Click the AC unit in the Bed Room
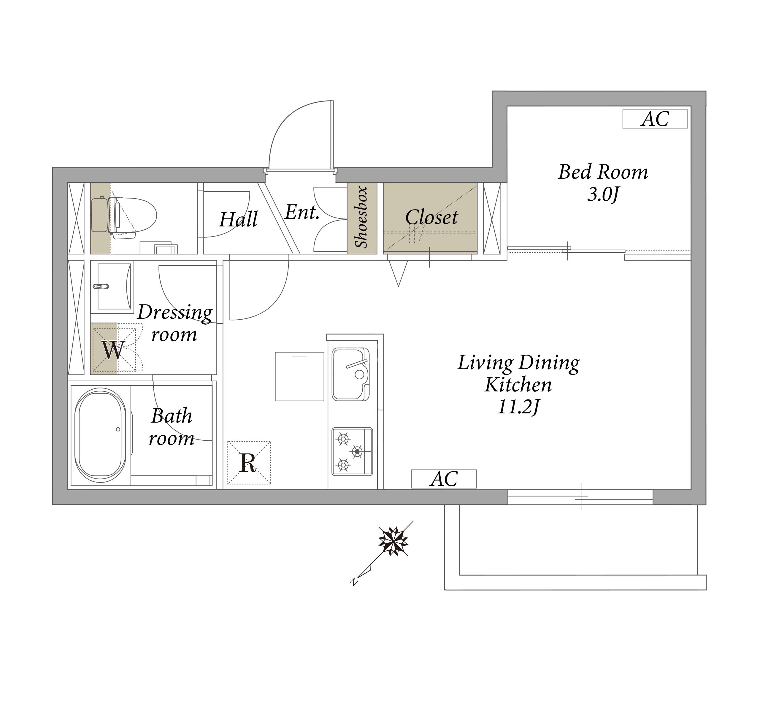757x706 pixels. [655, 119]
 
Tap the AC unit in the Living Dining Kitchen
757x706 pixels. [444, 479]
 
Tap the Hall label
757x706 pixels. [238, 219]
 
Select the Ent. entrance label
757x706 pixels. [302, 212]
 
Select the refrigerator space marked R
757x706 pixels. [249, 463]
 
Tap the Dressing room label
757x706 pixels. [175, 323]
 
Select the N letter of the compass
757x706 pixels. [354, 581]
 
